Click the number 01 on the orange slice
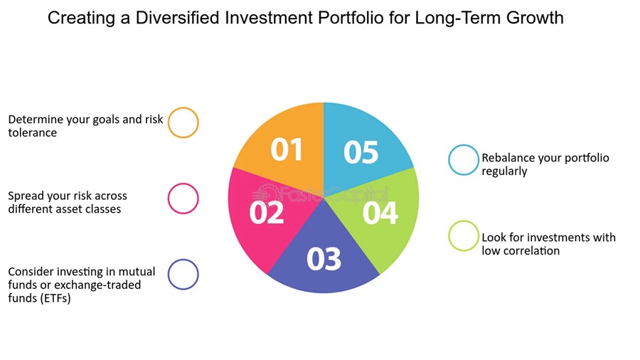[287, 150]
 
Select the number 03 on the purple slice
[324, 259]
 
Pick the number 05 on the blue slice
[361, 152]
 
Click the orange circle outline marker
[183, 122]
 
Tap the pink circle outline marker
[183, 198]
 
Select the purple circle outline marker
[183, 274]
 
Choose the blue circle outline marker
[464, 160]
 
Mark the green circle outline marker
[464, 236]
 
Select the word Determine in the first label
[36, 120]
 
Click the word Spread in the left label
[26, 196]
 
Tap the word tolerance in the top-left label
[32, 132]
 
